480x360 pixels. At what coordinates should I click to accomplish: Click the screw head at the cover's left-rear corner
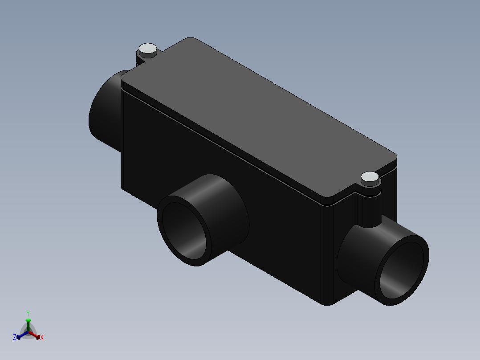(148, 49)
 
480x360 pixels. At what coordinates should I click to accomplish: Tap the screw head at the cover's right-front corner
(370, 178)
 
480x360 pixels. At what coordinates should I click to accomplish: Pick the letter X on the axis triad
(42, 338)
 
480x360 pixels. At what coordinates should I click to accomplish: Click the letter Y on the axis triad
(28, 313)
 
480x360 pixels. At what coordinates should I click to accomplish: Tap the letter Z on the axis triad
(15, 337)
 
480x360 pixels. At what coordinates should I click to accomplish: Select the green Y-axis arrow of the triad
(28, 323)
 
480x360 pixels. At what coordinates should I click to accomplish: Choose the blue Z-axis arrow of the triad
(20, 335)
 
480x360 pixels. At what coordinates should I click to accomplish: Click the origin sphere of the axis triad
(28, 332)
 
